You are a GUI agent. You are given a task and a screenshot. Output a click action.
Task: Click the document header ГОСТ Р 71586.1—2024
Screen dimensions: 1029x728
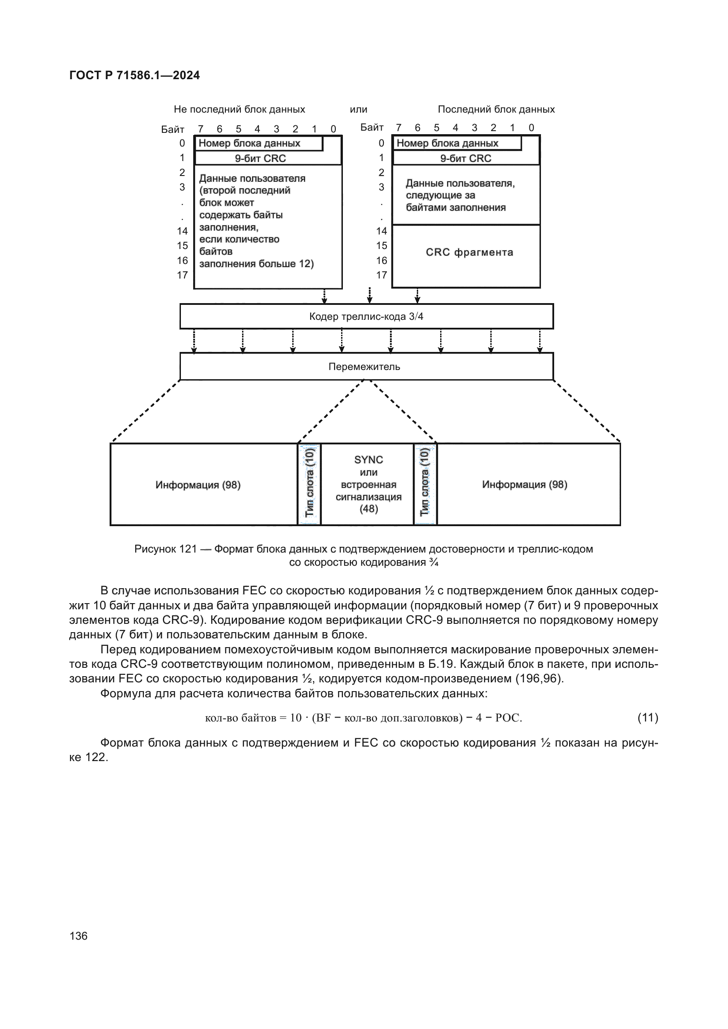pyautogui.click(x=135, y=75)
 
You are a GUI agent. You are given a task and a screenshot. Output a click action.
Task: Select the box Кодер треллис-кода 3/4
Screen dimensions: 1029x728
pyautogui.click(x=366, y=316)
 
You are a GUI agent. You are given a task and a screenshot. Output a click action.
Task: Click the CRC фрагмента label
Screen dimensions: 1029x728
pyautogui.click(x=469, y=253)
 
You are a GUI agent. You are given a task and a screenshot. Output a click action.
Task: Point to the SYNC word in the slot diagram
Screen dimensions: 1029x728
pyautogui.click(x=368, y=460)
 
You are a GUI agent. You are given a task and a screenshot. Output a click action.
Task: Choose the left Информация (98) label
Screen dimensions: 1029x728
pyautogui.click(x=198, y=485)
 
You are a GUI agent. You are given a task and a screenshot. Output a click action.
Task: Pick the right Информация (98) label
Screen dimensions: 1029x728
pyautogui.click(x=525, y=484)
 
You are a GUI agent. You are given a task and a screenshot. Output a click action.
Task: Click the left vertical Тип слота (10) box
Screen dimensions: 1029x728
pyautogui.click(x=309, y=483)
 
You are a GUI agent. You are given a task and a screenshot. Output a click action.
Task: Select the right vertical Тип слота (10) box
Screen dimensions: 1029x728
pyautogui.click(x=424, y=483)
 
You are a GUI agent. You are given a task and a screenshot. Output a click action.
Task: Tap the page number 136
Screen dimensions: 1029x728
pyautogui.click(x=78, y=936)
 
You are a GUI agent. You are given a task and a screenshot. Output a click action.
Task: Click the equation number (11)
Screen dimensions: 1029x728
pyautogui.click(x=648, y=718)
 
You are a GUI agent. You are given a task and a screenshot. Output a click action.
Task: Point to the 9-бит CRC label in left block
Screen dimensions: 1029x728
pyautogui.click(x=261, y=158)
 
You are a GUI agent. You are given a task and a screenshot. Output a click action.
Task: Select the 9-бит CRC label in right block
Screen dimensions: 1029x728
pyautogui.click(x=465, y=158)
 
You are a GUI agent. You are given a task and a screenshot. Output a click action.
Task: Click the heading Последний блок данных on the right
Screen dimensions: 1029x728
pyautogui.click(x=496, y=110)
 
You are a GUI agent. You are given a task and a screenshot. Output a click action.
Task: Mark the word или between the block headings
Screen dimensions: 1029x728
pyautogui.click(x=358, y=110)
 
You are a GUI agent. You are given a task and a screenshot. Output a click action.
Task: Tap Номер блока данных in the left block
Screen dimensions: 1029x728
pyautogui.click(x=249, y=143)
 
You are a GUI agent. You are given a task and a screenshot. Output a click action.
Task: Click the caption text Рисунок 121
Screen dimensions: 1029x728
pyautogui.click(x=165, y=549)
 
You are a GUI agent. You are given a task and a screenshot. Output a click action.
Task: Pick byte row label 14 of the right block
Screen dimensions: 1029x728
pyautogui.click(x=382, y=231)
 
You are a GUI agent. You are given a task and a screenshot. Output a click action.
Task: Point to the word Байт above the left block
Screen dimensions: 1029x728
pyautogui.click(x=173, y=129)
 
